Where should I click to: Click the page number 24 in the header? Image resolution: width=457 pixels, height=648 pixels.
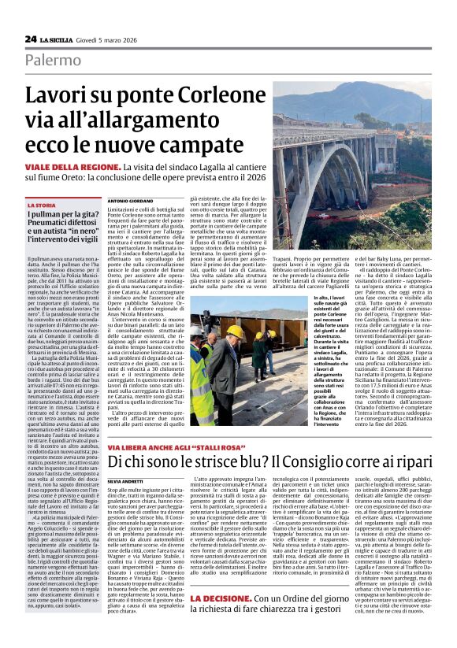31,39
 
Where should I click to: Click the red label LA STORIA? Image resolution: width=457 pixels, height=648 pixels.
42,206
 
